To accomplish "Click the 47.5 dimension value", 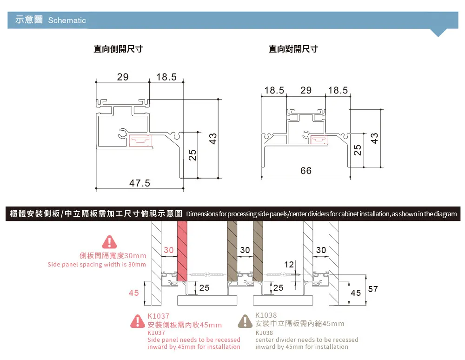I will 139,183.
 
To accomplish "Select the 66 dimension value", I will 306,171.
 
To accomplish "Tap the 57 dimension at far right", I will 373,289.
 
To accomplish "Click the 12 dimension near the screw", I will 289,265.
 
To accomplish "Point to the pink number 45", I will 134,293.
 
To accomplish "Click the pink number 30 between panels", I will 168,250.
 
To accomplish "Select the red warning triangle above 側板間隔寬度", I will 109,242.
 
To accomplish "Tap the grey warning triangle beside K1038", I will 245,321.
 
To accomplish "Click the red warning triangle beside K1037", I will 138,321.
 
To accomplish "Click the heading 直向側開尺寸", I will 118,49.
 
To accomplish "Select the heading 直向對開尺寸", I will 293,49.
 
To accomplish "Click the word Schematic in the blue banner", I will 67,20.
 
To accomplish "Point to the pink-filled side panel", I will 182,251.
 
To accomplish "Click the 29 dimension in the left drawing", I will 122,77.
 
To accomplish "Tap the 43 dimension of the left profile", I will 213,138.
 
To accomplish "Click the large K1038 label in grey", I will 266,315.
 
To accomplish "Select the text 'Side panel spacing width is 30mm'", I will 97,265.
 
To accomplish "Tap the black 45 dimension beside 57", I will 356,293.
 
